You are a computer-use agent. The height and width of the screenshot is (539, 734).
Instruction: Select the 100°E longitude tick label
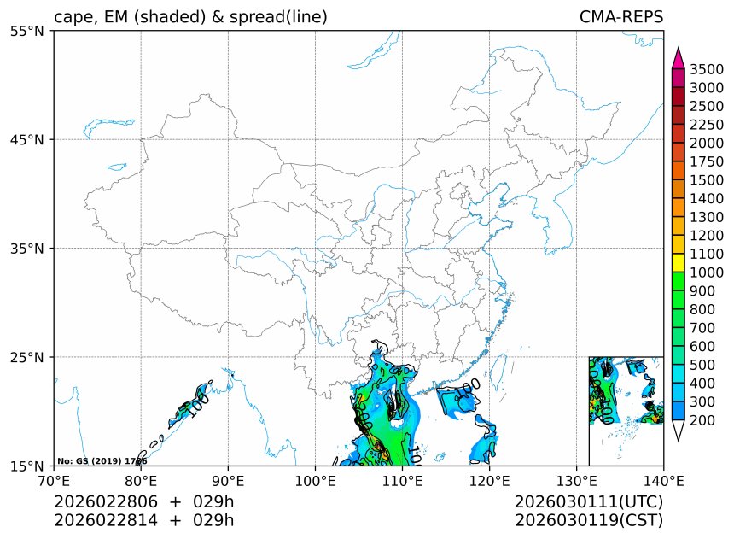coord(315,480)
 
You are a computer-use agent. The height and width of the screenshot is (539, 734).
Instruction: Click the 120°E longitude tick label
coord(489,480)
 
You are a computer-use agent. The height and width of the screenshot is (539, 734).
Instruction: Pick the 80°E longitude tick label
coord(141,480)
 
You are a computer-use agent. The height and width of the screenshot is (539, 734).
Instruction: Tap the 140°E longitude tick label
coord(663,480)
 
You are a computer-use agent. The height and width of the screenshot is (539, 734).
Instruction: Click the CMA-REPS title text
coord(620,17)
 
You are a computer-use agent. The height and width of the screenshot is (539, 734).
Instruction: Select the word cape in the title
coord(72,17)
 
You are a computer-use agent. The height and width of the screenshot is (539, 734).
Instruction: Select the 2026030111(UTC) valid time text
coord(589,501)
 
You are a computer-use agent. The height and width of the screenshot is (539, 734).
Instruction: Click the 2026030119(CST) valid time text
coord(589,519)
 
